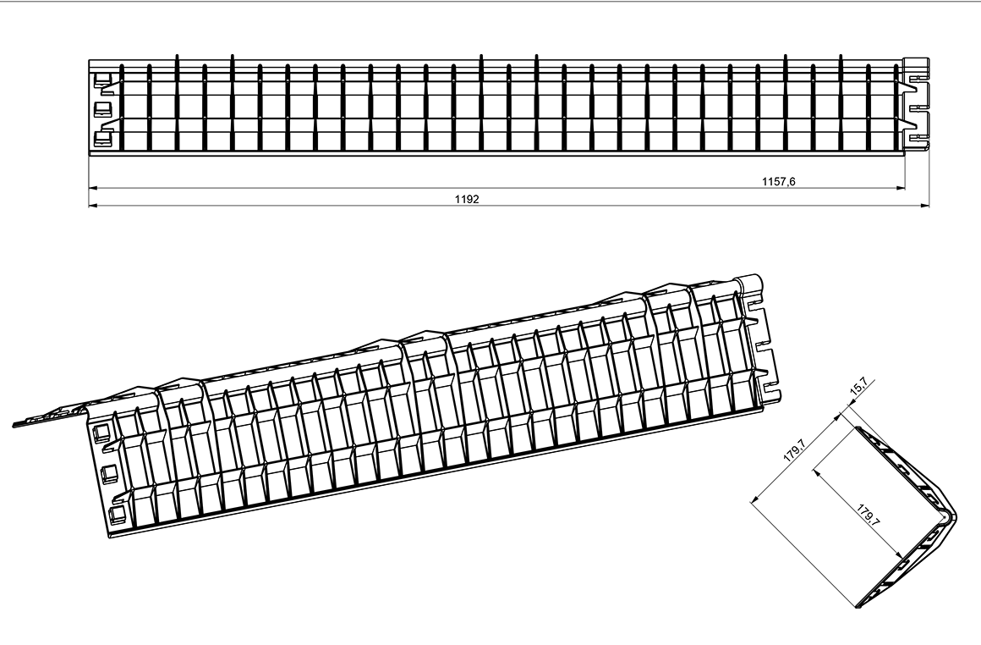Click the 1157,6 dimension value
pyautogui.click(x=778, y=182)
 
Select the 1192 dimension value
pyautogui.click(x=467, y=199)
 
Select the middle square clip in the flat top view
pyautogui.click(x=101, y=109)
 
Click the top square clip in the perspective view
pyautogui.click(x=101, y=434)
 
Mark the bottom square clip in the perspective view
pyautogui.click(x=117, y=516)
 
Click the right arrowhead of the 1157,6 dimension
pyautogui.click(x=901, y=187)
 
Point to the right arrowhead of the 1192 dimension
pyautogui.click(x=924, y=205)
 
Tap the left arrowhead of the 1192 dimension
pyautogui.click(x=94, y=205)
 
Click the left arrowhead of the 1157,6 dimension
pyautogui.click(x=94, y=187)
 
